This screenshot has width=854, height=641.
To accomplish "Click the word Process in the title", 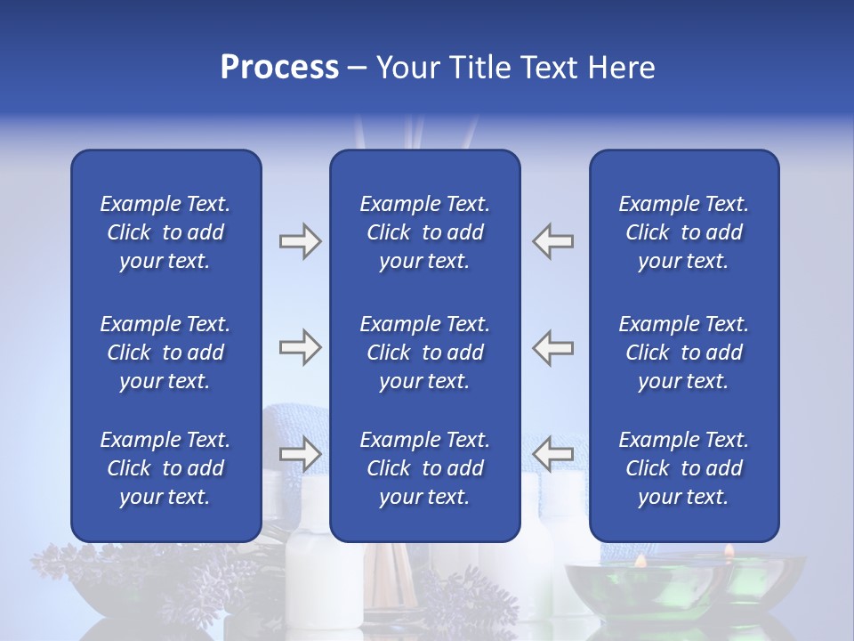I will [279, 68].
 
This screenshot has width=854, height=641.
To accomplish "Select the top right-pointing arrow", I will [300, 241].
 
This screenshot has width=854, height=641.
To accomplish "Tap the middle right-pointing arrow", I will [300, 347].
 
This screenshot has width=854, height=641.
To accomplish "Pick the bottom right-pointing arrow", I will [300, 454].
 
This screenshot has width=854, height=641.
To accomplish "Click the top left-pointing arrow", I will [552, 241].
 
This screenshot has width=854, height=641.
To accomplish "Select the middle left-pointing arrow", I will [552, 347].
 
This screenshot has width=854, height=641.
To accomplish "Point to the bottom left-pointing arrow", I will [552, 454].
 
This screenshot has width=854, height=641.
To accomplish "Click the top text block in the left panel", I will [165, 232].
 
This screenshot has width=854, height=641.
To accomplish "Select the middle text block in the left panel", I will [165, 353].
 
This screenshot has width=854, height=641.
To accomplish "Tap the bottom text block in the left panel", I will [165, 468].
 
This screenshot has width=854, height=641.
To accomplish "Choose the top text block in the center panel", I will [424, 232].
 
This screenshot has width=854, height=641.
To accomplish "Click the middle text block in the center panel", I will [424, 353].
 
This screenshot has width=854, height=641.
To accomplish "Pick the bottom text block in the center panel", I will [424, 468].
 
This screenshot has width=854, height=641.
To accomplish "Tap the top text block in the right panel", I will [683, 232].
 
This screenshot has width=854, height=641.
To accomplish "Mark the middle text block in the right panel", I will [683, 353].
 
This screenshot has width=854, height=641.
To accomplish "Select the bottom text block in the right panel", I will [683, 468].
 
